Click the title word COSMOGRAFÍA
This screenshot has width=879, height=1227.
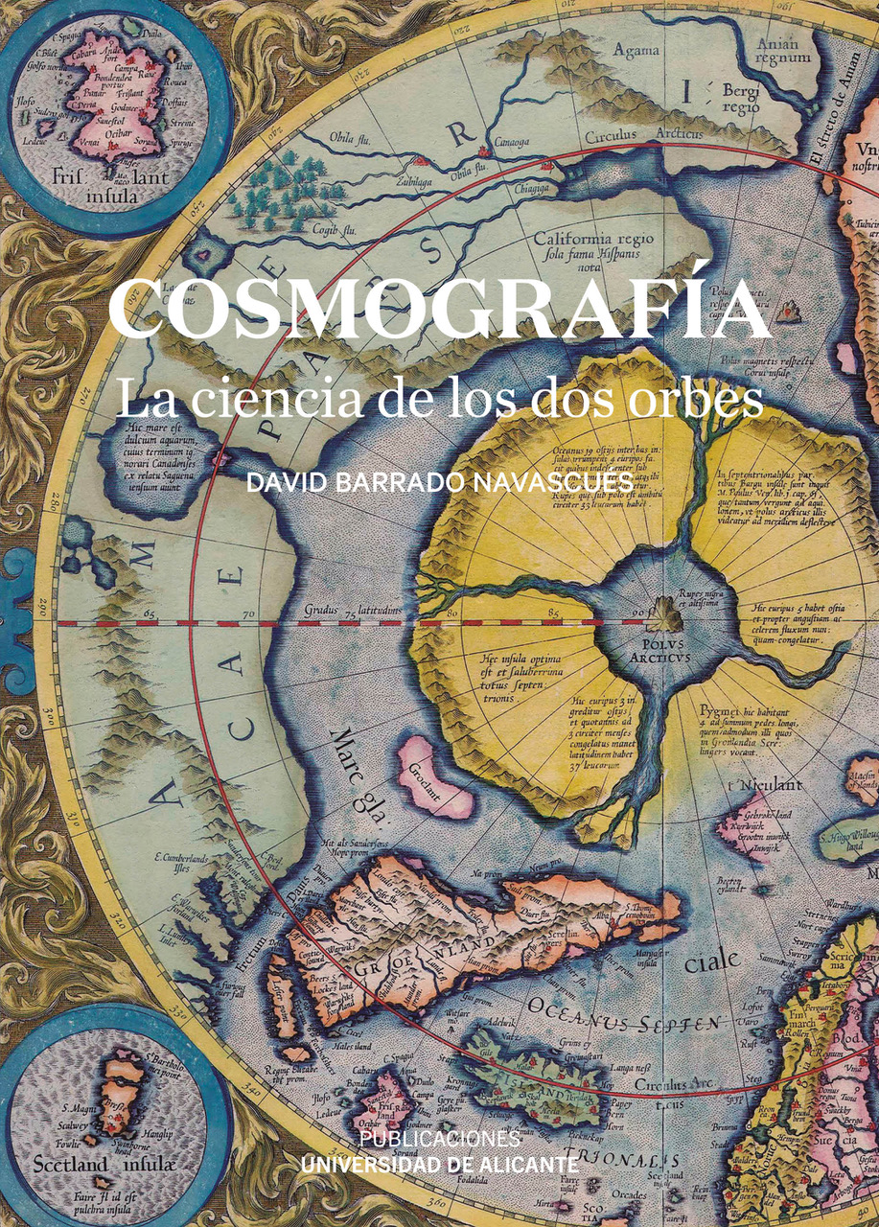(439, 310)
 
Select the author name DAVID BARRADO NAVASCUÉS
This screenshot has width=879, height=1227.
(439, 482)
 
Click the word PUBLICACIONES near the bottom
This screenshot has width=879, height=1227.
(440, 1139)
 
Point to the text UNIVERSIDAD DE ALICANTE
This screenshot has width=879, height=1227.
(440, 1164)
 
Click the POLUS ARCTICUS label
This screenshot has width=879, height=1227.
(656, 652)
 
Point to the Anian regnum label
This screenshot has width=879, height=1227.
(777, 51)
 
